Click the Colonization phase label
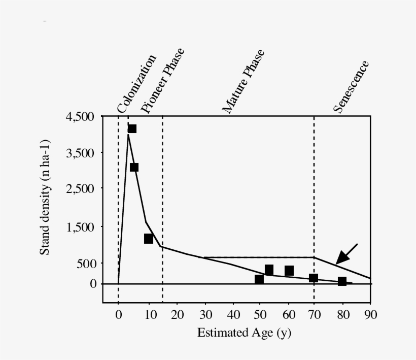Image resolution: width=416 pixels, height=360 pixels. click(x=136, y=83)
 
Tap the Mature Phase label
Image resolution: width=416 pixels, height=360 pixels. click(x=244, y=81)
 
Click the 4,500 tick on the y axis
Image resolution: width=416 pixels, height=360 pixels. click(x=80, y=117)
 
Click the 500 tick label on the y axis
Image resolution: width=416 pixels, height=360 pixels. click(x=86, y=264)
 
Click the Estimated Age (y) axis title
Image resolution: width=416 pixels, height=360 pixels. click(x=244, y=333)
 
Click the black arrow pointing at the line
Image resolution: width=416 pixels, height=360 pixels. click(x=346, y=254)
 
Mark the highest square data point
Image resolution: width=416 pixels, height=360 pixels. click(x=132, y=128)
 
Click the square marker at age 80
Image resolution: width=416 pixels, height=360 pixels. click(x=342, y=281)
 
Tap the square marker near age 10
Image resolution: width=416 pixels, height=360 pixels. click(x=149, y=238)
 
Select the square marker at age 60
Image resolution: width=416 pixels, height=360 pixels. click(x=289, y=271)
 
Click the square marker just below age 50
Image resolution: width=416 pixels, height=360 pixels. click(x=259, y=279)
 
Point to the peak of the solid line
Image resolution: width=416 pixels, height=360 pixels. click(x=128, y=135)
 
